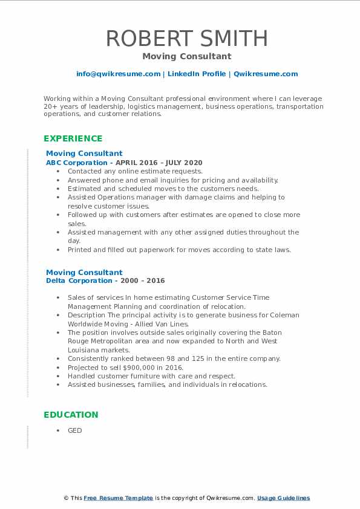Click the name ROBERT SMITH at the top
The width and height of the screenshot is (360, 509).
click(186, 38)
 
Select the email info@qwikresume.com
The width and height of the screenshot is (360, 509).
click(118, 74)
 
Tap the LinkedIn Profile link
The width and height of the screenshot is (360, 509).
click(196, 74)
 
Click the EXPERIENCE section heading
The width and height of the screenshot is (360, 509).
click(73, 138)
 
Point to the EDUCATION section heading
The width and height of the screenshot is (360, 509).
click(71, 415)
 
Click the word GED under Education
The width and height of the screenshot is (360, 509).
click(74, 431)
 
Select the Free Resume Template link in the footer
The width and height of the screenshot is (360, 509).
click(118, 498)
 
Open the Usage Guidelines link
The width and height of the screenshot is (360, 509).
click(283, 498)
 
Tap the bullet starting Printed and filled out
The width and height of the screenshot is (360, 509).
click(179, 250)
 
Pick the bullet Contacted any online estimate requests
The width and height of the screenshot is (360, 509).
click(135, 172)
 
